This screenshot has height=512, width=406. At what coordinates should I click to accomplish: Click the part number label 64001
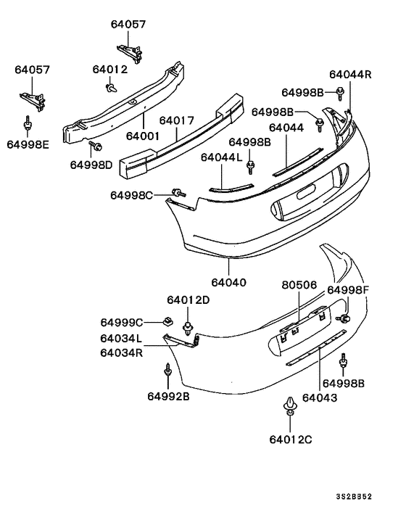click(144, 135)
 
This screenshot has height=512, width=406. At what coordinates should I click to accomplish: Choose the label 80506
click(299, 285)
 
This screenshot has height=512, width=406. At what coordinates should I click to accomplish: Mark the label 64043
click(319, 397)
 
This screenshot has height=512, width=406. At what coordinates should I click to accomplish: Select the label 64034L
click(122, 338)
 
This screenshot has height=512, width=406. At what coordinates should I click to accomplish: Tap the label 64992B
click(168, 396)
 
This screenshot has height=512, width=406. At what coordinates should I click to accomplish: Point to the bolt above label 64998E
click(28, 125)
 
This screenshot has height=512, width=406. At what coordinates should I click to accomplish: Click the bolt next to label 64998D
click(94, 148)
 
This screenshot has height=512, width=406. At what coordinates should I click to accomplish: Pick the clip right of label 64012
click(111, 88)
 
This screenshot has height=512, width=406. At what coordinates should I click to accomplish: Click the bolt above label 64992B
click(167, 371)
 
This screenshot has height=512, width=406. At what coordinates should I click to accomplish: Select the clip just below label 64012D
click(188, 325)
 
